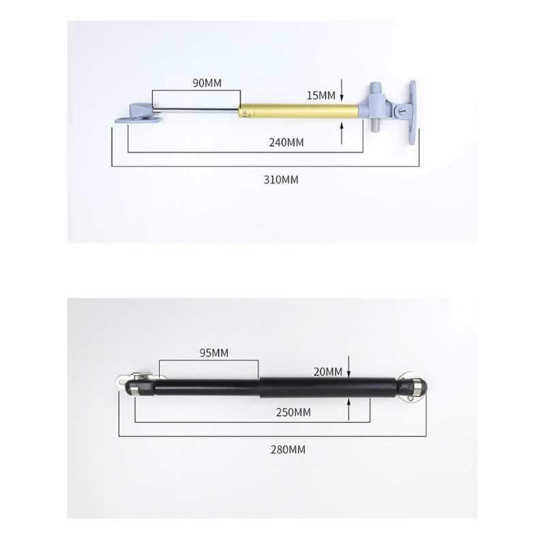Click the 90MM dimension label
point(207,83)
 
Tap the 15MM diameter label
point(321,96)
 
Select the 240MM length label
point(286,142)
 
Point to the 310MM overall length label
point(282,180)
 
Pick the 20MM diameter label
point(328,371)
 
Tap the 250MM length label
point(294,413)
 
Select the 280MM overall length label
point(288,449)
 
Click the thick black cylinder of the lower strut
point(326,387)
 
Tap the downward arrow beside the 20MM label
point(349,368)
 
